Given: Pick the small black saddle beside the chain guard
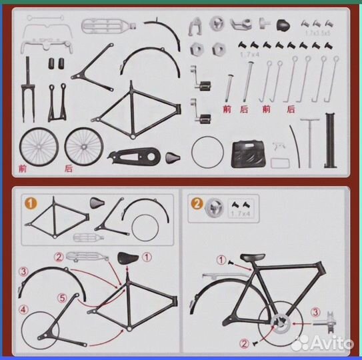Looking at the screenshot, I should pyautogui.click(x=174, y=157).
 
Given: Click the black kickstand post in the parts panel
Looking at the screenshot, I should pyautogui.click(x=328, y=140).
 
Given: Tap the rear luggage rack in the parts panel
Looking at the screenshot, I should pyautogui.click(x=105, y=27).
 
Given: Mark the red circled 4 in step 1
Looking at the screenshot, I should pyautogui.click(x=23, y=309).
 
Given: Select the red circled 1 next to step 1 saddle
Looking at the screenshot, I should pyautogui.click(x=148, y=255).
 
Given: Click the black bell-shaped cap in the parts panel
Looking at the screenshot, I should pyautogui.click(x=285, y=25).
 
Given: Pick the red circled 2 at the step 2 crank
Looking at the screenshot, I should pyautogui.click(x=244, y=344).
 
